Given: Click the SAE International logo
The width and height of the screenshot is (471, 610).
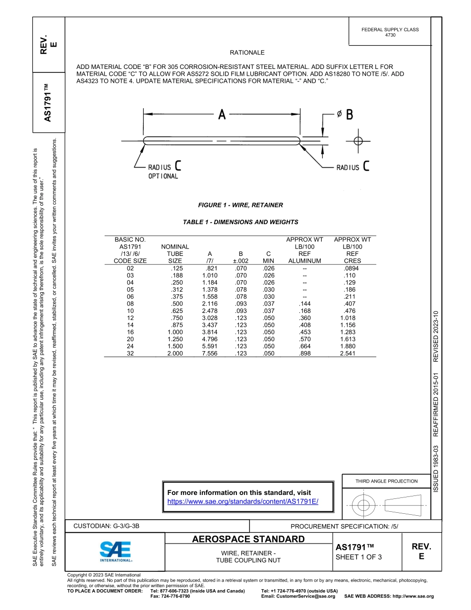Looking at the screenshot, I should pos(116,550).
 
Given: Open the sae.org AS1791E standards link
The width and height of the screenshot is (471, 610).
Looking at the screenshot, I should pos(243,501).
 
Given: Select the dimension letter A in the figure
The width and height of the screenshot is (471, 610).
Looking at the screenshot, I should pos(222,115).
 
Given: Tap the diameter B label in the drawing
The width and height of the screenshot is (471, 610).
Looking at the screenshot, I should pos(349,115).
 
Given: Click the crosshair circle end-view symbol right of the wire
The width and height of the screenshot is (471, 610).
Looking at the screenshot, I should pos(358,141).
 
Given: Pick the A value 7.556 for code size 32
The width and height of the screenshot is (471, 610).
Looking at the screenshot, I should pos(211,353).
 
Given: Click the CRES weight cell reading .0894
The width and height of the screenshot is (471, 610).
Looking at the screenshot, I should pos(353,268).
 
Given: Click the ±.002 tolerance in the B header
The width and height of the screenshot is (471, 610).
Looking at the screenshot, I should pos(240,260).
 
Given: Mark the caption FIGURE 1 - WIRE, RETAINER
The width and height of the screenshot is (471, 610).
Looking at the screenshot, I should pos(240,205).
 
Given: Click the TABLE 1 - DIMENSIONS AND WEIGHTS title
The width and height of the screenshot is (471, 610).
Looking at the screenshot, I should pos(240,222).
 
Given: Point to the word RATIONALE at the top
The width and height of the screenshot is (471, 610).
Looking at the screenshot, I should pos(247,53).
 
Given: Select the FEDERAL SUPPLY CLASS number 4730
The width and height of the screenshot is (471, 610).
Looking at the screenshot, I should pos(390,35).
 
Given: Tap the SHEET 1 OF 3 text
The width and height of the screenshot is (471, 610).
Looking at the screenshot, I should pos(358,556).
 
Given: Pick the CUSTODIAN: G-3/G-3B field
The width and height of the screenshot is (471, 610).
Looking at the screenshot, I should pos(110,526).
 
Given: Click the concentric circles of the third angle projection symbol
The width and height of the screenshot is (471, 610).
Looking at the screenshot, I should pos(363,505).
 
